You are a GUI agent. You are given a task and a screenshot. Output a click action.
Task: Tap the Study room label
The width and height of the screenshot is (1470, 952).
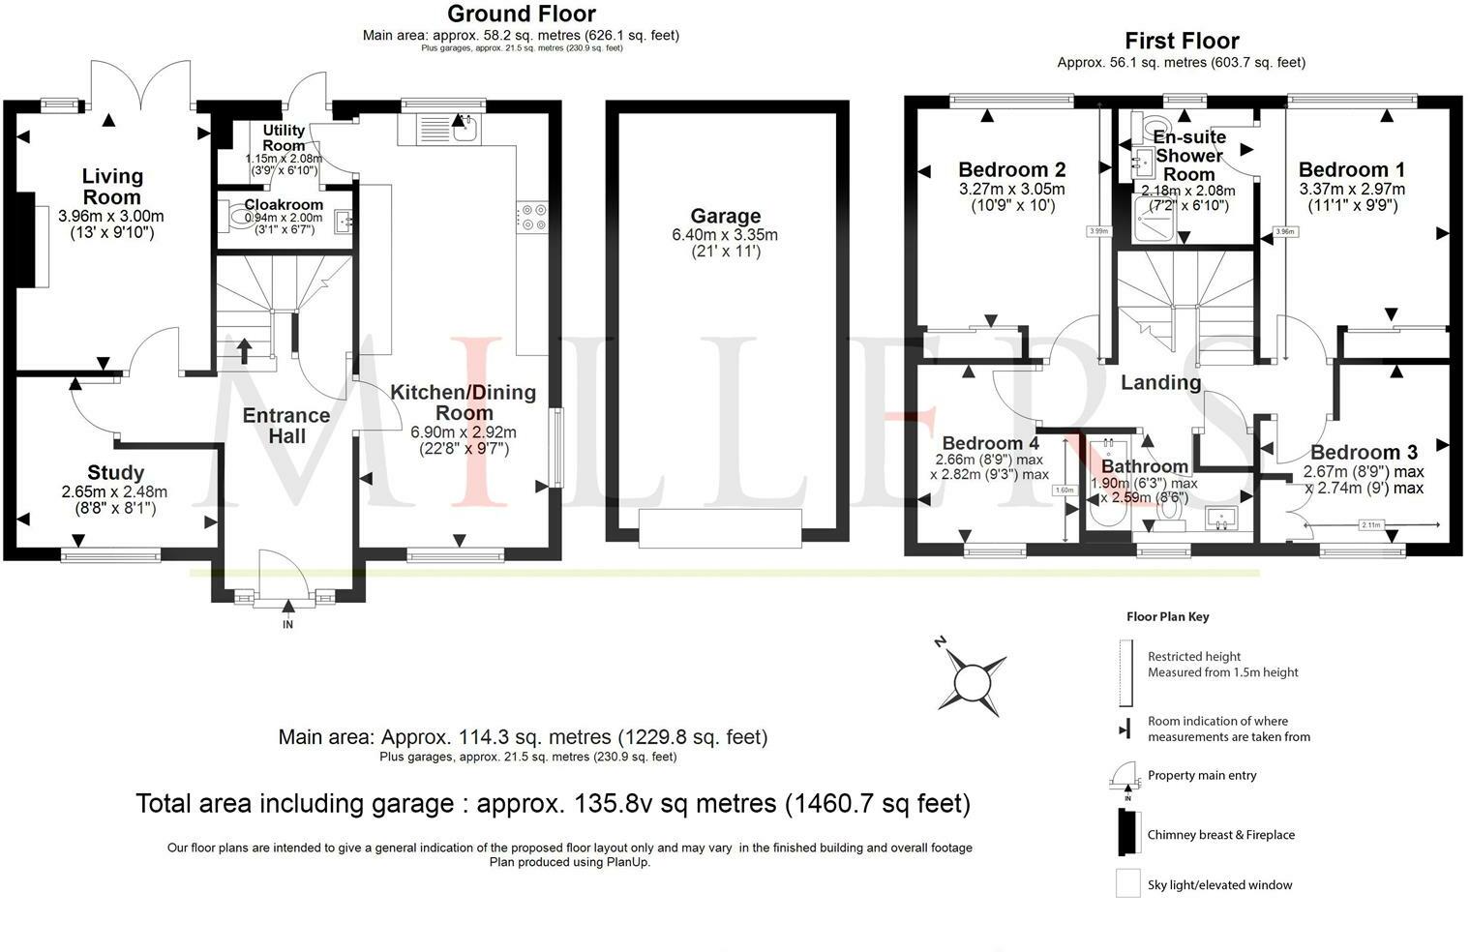(115, 472)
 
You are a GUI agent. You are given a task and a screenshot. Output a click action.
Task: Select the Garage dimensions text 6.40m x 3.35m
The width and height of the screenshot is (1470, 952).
(724, 235)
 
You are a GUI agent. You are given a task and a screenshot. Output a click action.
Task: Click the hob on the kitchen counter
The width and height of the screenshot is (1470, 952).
(532, 217)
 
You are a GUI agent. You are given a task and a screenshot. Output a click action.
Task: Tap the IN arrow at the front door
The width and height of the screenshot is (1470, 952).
(287, 609)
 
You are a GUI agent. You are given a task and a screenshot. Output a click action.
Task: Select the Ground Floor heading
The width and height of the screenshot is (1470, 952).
(521, 14)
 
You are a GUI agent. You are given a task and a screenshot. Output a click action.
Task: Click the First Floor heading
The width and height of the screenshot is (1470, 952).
(1181, 41)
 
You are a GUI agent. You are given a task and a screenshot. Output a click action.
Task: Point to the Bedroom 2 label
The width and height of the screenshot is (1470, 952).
(1011, 170)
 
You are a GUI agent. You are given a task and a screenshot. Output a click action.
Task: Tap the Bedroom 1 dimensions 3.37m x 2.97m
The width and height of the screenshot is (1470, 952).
(1351, 190)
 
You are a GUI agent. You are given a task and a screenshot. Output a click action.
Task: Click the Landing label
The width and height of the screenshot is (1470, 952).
(1160, 382)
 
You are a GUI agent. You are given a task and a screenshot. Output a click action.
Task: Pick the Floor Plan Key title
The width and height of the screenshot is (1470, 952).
(1167, 616)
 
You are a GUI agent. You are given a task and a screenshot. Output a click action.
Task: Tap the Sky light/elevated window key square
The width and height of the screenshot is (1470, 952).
(1127, 883)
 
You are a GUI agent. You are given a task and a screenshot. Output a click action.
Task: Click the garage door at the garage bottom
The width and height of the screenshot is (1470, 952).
(720, 529)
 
